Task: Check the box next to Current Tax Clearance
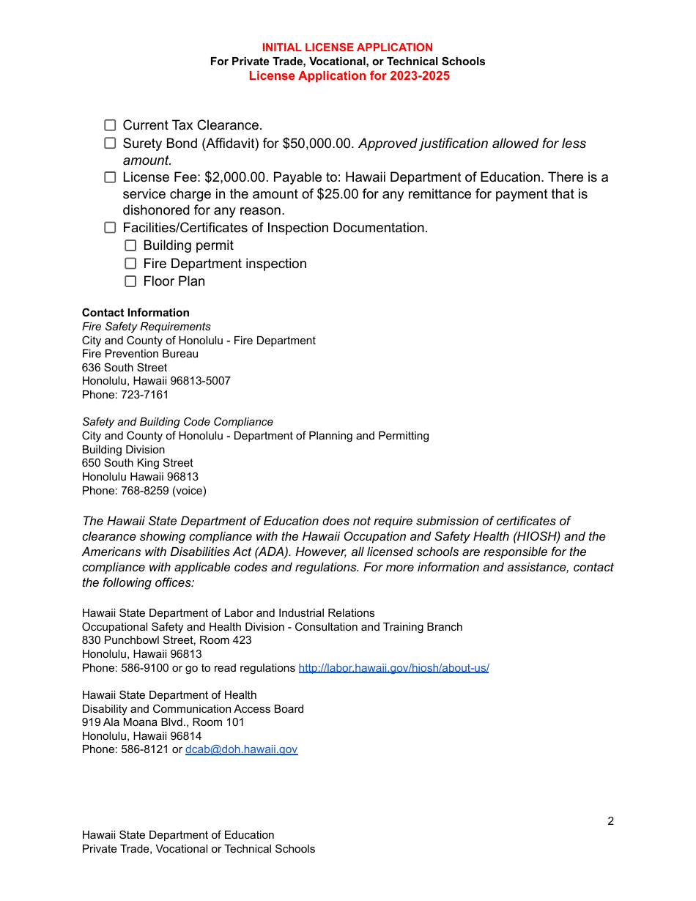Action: tap(110, 125)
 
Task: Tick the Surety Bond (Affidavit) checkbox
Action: tap(110, 144)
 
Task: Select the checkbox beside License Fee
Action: tap(110, 177)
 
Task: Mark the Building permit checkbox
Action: tap(130, 245)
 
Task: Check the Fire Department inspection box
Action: tap(130, 264)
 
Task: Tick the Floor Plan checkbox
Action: tap(130, 281)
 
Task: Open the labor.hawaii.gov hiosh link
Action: tap(393, 668)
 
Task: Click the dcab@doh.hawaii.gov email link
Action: tap(241, 749)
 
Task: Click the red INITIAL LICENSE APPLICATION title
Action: tap(347, 48)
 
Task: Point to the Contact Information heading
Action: tap(136, 313)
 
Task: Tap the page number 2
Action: tap(610, 821)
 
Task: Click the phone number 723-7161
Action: tap(144, 395)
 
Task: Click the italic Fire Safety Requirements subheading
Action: tap(146, 327)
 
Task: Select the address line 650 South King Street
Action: tap(137, 463)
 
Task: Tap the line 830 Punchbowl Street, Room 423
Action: tap(166, 640)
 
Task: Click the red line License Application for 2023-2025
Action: tap(349, 76)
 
